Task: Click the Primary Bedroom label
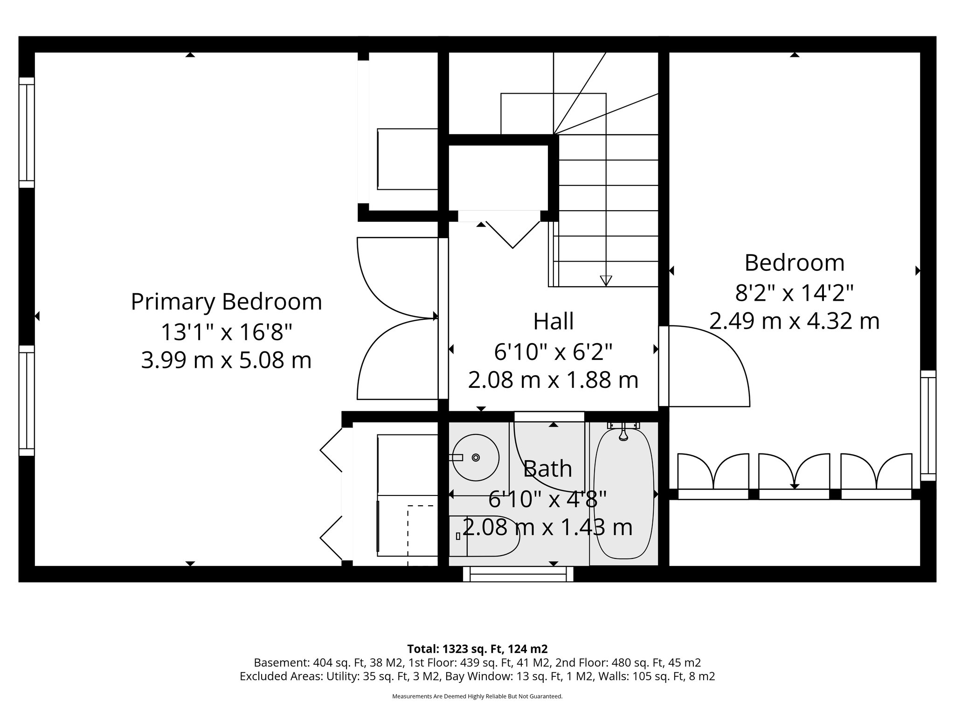226,302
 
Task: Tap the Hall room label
553,322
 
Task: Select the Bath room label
547,469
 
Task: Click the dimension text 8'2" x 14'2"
794,293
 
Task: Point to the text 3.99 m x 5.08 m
226,360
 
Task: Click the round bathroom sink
476,457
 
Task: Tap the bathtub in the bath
623,494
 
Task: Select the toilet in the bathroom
485,536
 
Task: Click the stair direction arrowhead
606,280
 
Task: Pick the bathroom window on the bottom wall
518,574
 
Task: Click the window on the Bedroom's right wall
928,426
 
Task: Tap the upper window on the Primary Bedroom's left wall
27,133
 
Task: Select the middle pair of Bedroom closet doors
794,472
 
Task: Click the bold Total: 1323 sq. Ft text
477,649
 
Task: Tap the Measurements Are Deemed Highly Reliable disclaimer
477,696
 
